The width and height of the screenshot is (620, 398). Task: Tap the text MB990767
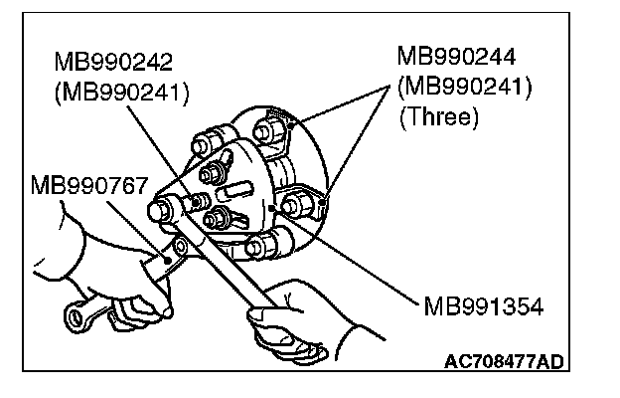point(89,186)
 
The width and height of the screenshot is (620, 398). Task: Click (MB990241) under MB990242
point(123,92)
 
